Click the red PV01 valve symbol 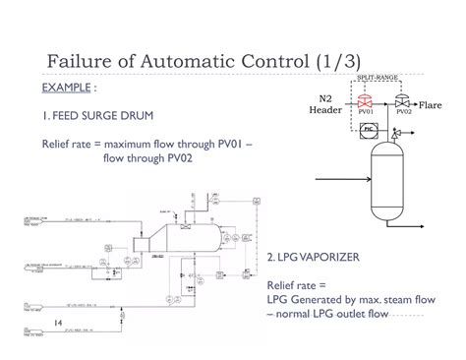click(x=366, y=102)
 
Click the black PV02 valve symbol click(x=402, y=102)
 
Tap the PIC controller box click(x=367, y=129)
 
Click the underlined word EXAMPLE click(x=68, y=88)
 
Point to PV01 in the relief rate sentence click(x=229, y=144)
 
